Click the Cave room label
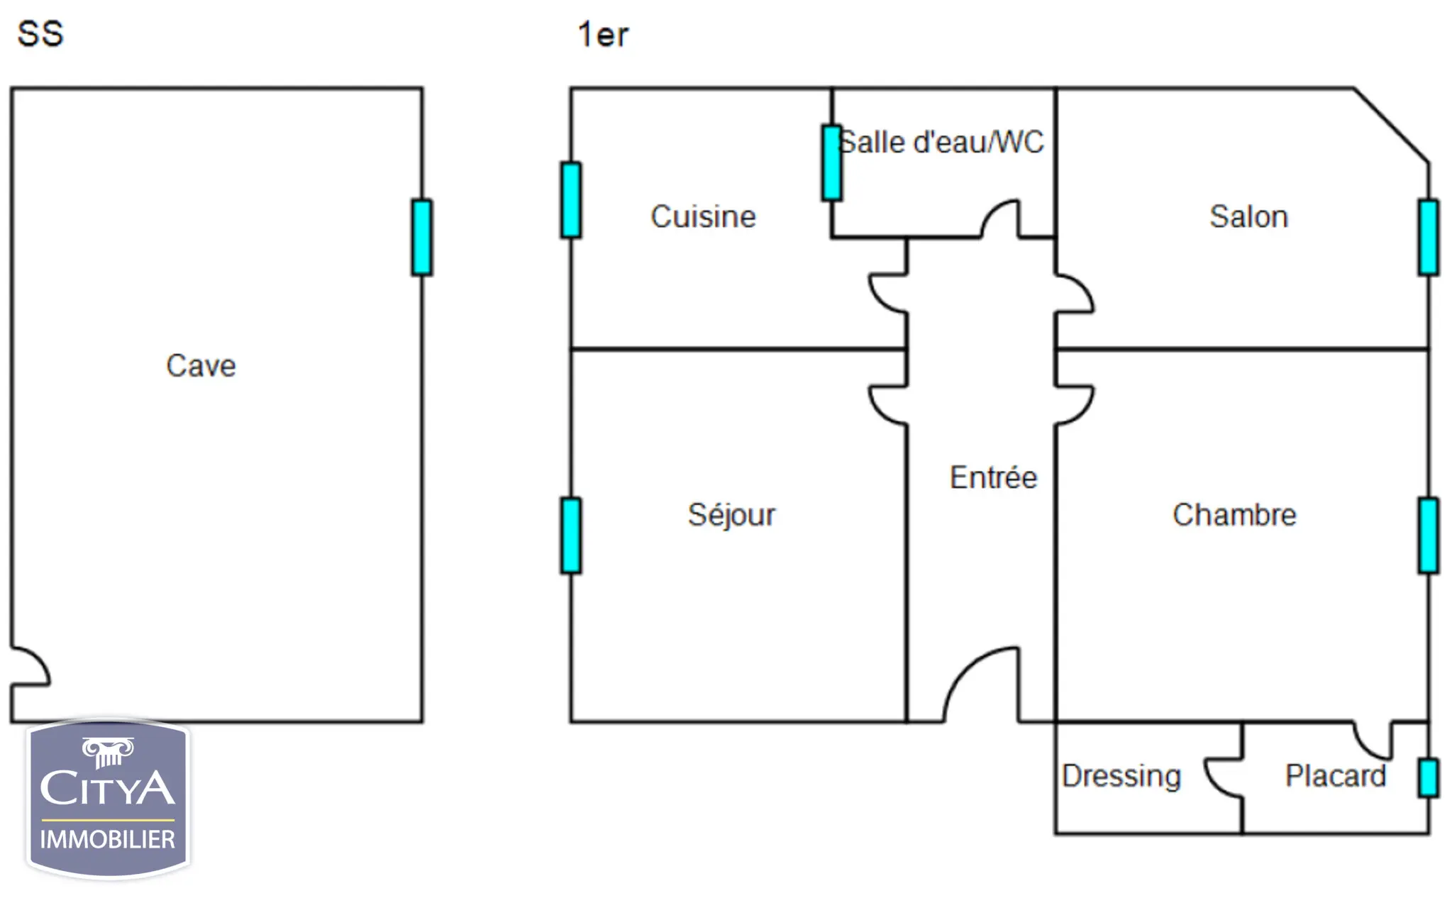pyautogui.click(x=201, y=365)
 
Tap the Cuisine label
pyautogui.click(x=703, y=216)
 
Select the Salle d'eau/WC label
pyautogui.click(x=941, y=142)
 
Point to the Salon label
pyautogui.click(x=1248, y=216)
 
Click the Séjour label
pyautogui.click(x=731, y=514)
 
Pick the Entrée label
pyautogui.click(x=993, y=477)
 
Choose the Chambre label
pyautogui.click(x=1234, y=514)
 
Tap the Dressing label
pyautogui.click(x=1121, y=776)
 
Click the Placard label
pyautogui.click(x=1336, y=775)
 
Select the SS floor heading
pyautogui.click(x=40, y=33)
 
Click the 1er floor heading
pyautogui.click(x=603, y=34)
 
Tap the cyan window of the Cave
pyautogui.click(x=422, y=237)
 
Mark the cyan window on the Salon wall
pyautogui.click(x=1429, y=237)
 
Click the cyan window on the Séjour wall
pyautogui.click(x=571, y=536)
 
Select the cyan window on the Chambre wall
pyautogui.click(x=1429, y=536)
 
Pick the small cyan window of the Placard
pyautogui.click(x=1429, y=778)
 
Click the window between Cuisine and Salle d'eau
pyautogui.click(x=832, y=163)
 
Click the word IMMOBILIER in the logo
pyautogui.click(x=107, y=840)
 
